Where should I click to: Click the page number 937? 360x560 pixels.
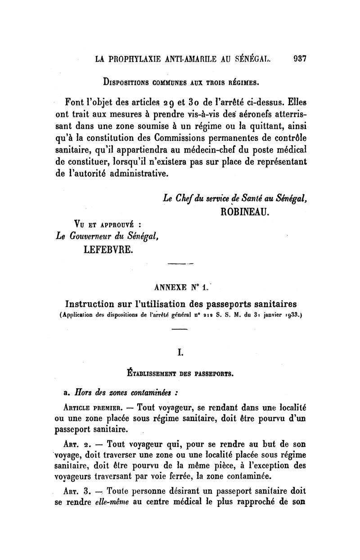[299, 58]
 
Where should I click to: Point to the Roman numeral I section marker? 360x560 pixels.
[180, 353]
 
